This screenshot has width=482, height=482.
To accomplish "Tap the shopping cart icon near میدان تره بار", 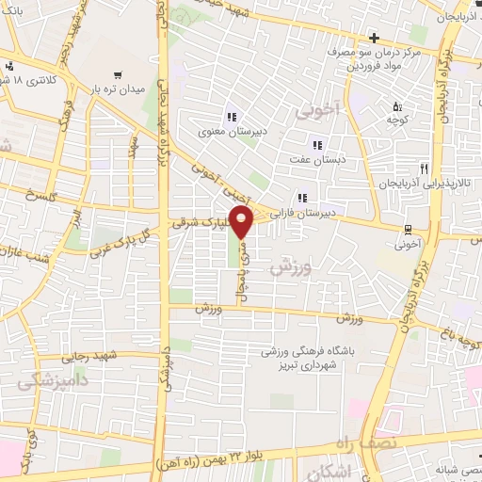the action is pos(118,73).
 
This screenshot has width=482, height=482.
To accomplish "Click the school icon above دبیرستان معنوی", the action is pos(231,118).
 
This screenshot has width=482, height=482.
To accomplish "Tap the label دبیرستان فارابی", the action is pos(302,215).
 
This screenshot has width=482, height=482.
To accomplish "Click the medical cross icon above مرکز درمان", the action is pos(374,38).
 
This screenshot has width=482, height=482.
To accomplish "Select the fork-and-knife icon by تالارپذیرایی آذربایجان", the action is pos(425,169).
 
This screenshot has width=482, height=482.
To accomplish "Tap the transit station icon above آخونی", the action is pos(409,229).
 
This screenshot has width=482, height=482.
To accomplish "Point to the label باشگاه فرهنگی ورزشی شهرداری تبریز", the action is pos(308,359).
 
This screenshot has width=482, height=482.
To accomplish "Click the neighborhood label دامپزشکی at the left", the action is pos(43,380).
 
